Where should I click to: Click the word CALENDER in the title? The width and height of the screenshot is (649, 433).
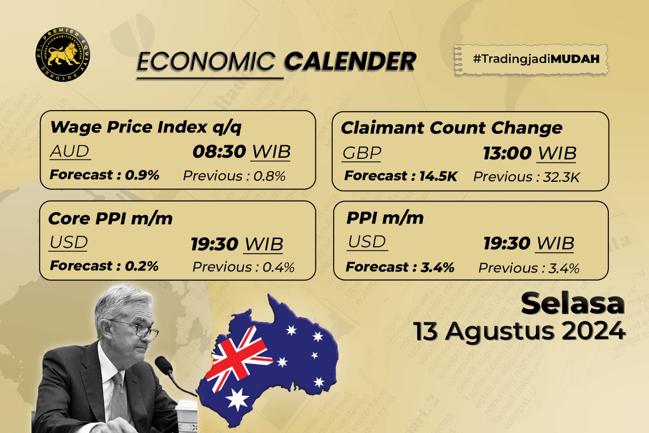[350, 62]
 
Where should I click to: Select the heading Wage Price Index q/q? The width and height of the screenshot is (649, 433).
[146, 127]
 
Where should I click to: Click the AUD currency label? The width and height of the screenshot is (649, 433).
[69, 151]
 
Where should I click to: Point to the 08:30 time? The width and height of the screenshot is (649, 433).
[219, 151]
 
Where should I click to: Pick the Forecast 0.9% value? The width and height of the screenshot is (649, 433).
[104, 175]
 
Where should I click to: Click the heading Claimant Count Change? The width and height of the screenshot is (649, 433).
[451, 128]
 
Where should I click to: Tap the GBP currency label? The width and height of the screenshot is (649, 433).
[362, 153]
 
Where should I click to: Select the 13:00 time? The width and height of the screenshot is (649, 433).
[507, 153]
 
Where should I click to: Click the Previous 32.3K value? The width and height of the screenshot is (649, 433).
[527, 177]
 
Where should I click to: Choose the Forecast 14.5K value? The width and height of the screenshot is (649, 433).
[401, 177]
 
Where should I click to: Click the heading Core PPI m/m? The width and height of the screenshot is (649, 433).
[110, 218]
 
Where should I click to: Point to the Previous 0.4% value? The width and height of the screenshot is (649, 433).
[243, 267]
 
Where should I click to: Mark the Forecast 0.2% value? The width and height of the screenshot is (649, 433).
[104, 265]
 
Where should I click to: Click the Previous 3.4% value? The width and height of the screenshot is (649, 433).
[529, 268]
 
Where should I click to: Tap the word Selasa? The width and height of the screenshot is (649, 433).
[572, 304]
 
